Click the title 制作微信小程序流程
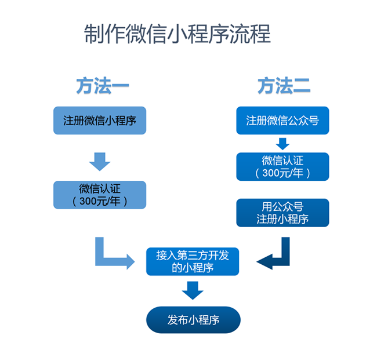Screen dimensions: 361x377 177,34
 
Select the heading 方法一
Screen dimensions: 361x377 102,86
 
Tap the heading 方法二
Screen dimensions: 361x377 284,86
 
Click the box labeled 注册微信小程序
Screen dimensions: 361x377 100,121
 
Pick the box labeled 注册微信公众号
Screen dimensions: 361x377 282,121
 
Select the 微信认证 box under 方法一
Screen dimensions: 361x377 100,195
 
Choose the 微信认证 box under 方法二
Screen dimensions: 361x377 282,166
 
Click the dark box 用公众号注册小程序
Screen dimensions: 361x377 282,213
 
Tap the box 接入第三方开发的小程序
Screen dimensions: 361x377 193,261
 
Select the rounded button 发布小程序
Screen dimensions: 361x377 193,319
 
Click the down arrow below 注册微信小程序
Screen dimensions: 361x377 100,161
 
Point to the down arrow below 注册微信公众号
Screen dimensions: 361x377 282,143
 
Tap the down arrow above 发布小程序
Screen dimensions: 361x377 193,289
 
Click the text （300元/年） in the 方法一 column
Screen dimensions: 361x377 100,202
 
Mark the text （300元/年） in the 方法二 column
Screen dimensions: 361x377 282,173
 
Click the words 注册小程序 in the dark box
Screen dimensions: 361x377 282,219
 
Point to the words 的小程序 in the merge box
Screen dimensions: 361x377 193,268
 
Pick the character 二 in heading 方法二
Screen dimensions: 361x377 301,86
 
